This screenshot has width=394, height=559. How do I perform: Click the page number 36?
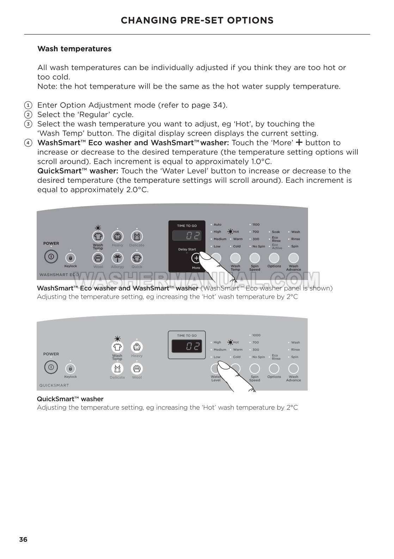[x=23, y=540]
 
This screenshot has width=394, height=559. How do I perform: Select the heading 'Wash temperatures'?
[x=74, y=49]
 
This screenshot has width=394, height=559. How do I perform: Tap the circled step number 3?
[x=28, y=124]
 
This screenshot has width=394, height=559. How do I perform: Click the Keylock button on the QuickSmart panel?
[x=70, y=368]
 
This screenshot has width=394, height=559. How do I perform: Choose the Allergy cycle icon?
[x=117, y=258]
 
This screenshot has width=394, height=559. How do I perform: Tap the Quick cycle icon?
[x=137, y=258]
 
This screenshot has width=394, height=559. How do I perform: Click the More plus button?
[x=196, y=258]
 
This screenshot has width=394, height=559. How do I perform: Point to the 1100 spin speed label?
[x=256, y=224]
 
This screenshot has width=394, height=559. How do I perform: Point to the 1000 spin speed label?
[x=256, y=335]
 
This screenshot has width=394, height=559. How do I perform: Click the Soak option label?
[x=276, y=232]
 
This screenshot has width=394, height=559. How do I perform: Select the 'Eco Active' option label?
[x=277, y=247]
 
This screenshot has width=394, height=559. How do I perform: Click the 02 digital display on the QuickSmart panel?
[x=187, y=347]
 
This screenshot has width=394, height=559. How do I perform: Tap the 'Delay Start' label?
[x=187, y=249]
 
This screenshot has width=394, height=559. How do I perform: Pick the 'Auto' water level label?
[x=217, y=224]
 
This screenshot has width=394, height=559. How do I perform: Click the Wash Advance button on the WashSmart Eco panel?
[x=294, y=258]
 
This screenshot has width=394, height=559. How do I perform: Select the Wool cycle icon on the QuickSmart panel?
[x=137, y=369]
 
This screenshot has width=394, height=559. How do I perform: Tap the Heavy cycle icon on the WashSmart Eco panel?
[x=117, y=236]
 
